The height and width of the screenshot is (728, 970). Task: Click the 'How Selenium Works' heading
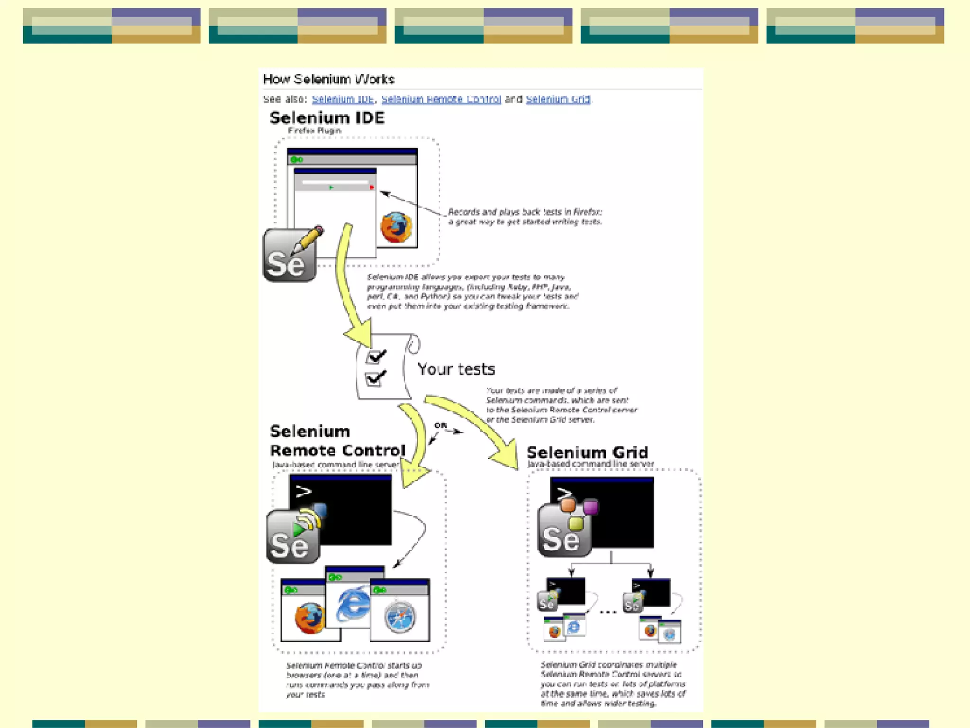328,79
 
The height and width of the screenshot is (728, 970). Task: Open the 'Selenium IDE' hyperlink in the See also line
342,99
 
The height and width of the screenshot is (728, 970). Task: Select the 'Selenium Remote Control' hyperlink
441,99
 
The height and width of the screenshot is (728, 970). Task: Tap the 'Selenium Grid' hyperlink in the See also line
558,99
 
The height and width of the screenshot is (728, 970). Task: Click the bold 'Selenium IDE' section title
327,118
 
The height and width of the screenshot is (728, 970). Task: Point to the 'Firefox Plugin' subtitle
314,130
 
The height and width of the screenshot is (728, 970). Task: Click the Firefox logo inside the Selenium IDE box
396,227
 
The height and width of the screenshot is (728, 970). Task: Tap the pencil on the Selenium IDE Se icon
308,239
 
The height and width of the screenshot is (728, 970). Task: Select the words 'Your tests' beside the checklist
456,369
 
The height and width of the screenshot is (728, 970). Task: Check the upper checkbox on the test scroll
375,356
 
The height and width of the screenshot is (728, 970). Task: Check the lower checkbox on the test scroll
374,379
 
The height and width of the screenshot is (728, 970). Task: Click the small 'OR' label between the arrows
440,425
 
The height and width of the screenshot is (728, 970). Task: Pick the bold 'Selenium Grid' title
587,452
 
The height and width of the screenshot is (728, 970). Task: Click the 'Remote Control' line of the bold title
337,450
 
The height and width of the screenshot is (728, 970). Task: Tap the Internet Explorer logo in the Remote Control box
352,604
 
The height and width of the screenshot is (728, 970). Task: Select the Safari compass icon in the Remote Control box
400,617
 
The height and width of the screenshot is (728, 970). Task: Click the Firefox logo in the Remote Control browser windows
310,618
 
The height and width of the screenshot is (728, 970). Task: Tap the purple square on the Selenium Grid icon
590,507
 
